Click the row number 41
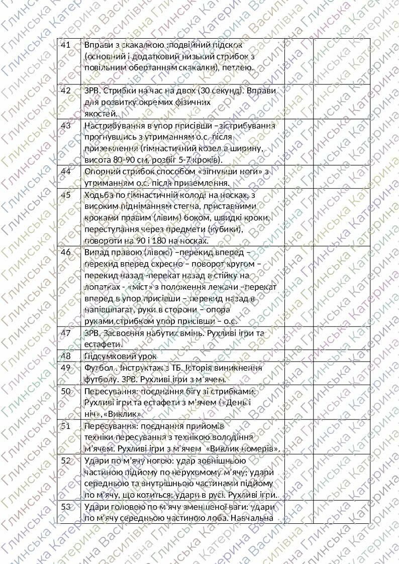tap(65, 45)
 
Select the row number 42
tap(65, 90)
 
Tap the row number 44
tap(65, 171)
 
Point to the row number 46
tap(65, 252)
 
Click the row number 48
tap(65, 356)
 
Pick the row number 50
tap(65, 391)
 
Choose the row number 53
tap(65, 506)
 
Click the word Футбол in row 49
tap(97, 368)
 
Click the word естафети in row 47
tap(103, 345)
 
